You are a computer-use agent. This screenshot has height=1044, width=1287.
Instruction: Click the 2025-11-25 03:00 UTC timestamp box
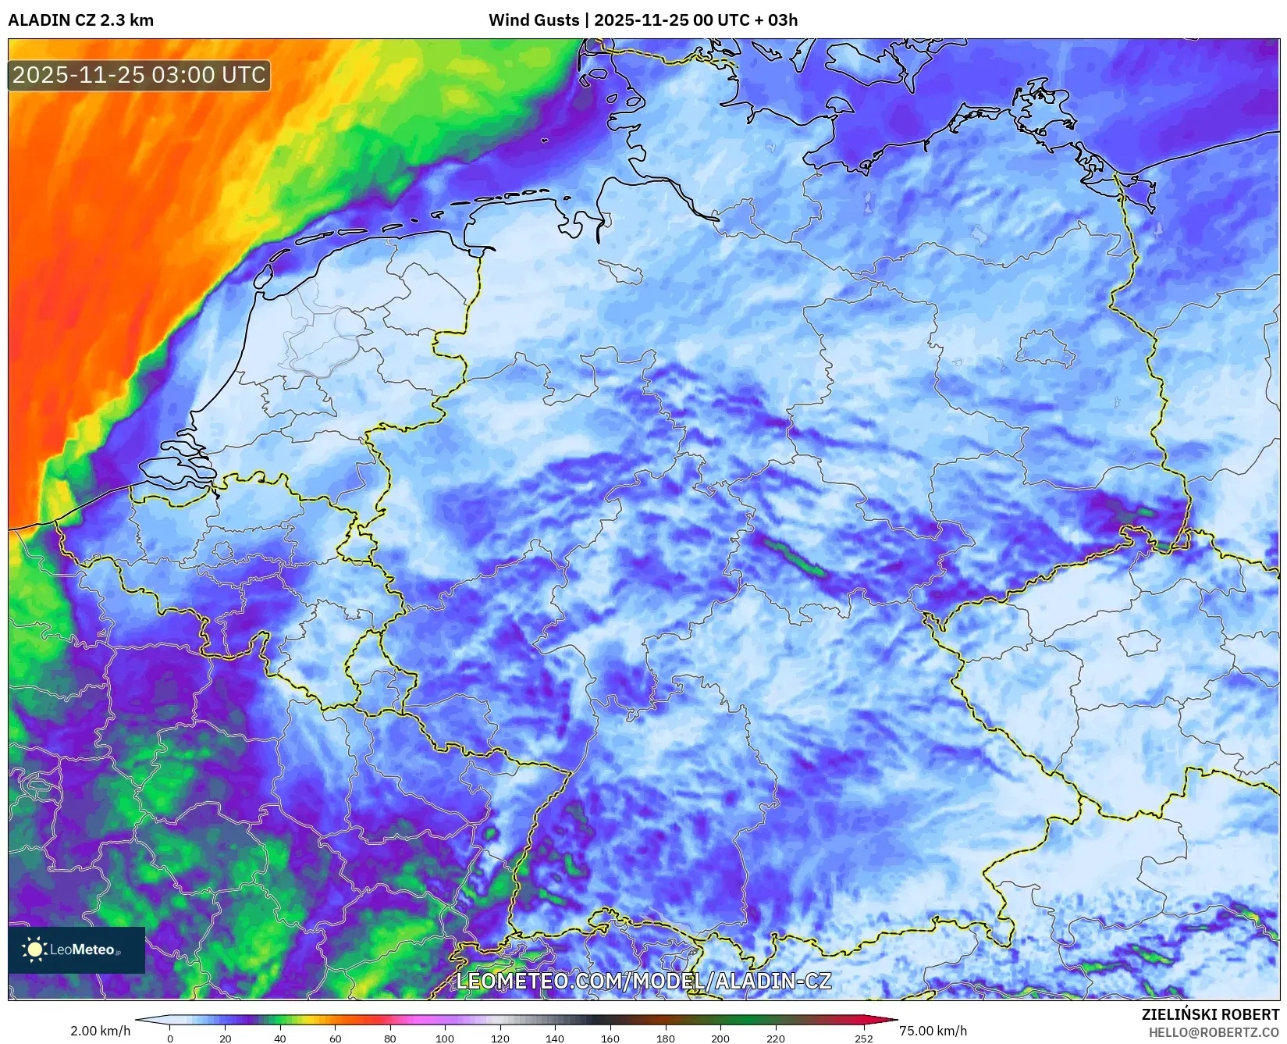point(139,75)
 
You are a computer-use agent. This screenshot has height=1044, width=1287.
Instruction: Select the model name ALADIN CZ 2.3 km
point(80,20)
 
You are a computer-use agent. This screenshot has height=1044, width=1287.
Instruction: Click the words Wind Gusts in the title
point(534,20)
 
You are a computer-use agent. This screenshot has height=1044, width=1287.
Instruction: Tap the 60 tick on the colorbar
point(335,1039)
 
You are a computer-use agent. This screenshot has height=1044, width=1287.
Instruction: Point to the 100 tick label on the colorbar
point(445,1039)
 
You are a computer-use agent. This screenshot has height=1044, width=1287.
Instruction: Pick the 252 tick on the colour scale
point(863,1039)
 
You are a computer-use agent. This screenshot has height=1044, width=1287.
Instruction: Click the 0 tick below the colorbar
point(170,1039)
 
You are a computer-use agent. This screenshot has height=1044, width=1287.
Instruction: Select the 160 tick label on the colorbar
point(610,1039)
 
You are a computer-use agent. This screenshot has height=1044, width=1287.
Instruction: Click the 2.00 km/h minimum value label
point(100,1031)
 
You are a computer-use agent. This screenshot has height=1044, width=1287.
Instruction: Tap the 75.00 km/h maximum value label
point(933,1031)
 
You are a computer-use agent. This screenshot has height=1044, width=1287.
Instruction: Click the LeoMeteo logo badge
point(76,950)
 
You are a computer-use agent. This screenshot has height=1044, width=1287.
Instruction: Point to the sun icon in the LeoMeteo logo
point(34,950)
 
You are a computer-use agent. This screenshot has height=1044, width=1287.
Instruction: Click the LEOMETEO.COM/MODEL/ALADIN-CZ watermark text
point(643,982)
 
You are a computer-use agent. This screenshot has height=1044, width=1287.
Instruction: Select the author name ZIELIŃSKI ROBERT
point(1211,1014)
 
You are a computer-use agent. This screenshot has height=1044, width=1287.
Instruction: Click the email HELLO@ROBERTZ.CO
point(1214,1032)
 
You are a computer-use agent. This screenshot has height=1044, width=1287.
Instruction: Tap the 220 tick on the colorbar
point(775,1039)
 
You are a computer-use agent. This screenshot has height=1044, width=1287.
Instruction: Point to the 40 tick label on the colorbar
point(280,1039)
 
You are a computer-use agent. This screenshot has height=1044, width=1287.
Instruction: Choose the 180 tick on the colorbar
point(666,1039)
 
